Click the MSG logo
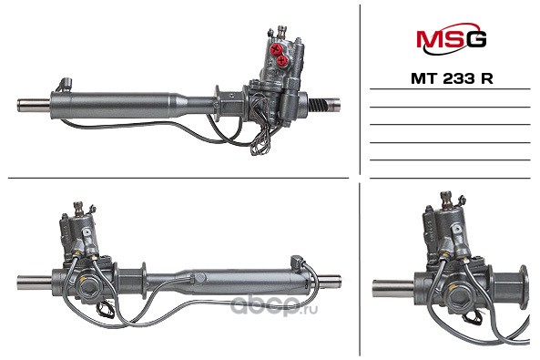pos(451,38)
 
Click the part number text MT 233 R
pos(452,79)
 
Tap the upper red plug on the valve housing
pos(276,49)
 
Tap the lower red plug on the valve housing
pos(282,61)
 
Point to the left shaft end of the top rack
pos(34,105)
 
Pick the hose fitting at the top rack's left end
pos(66,84)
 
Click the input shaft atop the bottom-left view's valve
pos(79,209)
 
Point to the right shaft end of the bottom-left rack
pos(331,281)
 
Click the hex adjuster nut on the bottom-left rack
pos(89,286)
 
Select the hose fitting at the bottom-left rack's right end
pos(297,262)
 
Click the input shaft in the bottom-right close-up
pos(446,201)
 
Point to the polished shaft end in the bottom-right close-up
pos(393,289)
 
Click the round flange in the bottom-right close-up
pos(523,287)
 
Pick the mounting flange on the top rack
pos(218,103)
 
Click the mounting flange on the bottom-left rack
pos(144,280)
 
